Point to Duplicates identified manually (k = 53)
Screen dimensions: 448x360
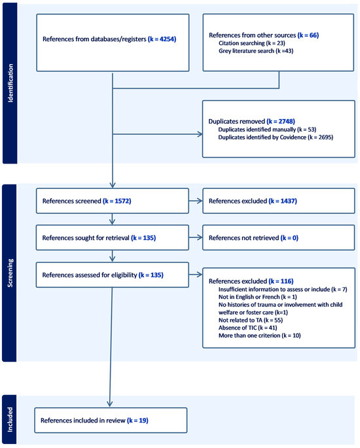click(x=258, y=129)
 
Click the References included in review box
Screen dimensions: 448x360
click(x=112, y=420)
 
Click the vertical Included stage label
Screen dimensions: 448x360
click(x=10, y=419)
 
